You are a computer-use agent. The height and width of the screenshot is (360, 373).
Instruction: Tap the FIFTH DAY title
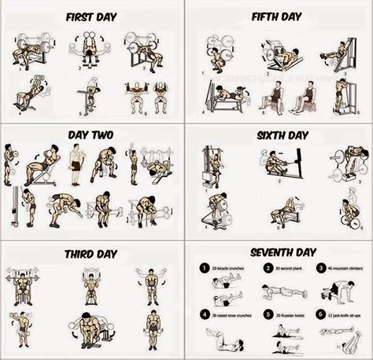278,17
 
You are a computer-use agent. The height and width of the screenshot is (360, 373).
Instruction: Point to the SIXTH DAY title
278,134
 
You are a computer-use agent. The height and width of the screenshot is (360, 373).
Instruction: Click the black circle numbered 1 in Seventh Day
203,269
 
